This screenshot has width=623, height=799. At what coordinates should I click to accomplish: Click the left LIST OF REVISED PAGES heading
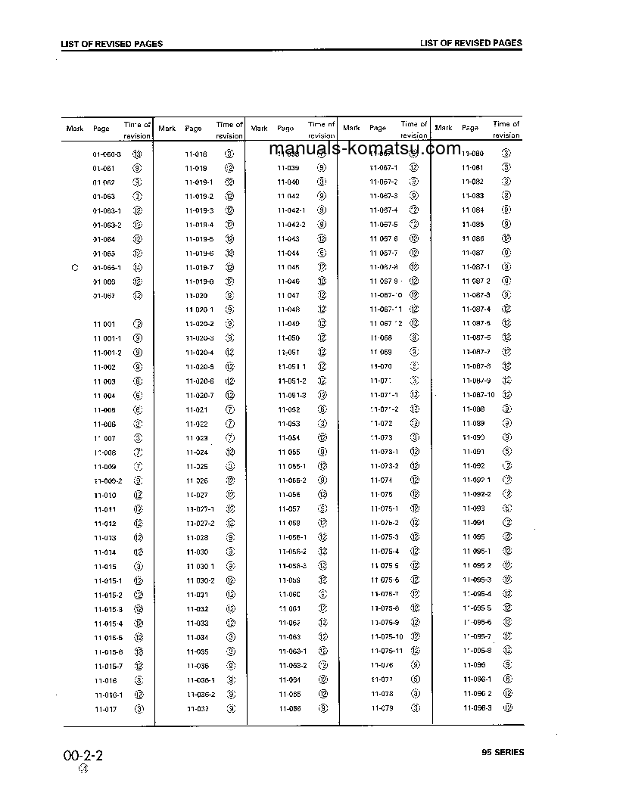pos(111,44)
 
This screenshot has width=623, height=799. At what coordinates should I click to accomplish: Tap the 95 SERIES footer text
pos(502,752)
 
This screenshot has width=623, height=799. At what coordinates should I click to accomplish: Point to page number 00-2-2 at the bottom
pos(83,755)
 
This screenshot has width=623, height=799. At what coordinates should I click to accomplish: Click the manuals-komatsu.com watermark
pos(364,148)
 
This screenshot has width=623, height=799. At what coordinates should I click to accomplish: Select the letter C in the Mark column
pos(74,267)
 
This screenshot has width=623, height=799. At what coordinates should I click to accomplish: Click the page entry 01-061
pos(104,168)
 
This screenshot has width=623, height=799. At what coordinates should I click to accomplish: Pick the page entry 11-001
pos(104,324)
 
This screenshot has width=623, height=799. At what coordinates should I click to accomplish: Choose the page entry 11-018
pos(196,154)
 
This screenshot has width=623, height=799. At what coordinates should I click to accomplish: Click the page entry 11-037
pos(197,709)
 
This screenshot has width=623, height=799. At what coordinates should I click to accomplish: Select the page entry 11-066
pos(289,709)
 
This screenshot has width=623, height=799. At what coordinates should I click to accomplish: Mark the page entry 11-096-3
pos(477,708)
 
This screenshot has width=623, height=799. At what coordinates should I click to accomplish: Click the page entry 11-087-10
pos(478,395)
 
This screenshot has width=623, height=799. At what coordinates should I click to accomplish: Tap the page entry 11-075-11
pos(387,651)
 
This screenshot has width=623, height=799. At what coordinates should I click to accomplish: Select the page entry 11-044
pos(288,253)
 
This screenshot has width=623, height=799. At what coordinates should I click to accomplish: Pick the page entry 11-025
pos(197,467)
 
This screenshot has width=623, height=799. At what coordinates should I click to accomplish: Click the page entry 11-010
pos(104,496)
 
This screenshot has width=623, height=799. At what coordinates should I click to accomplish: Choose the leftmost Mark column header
pos(75,129)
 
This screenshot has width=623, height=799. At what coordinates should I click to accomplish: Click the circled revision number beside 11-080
pos(506,153)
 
